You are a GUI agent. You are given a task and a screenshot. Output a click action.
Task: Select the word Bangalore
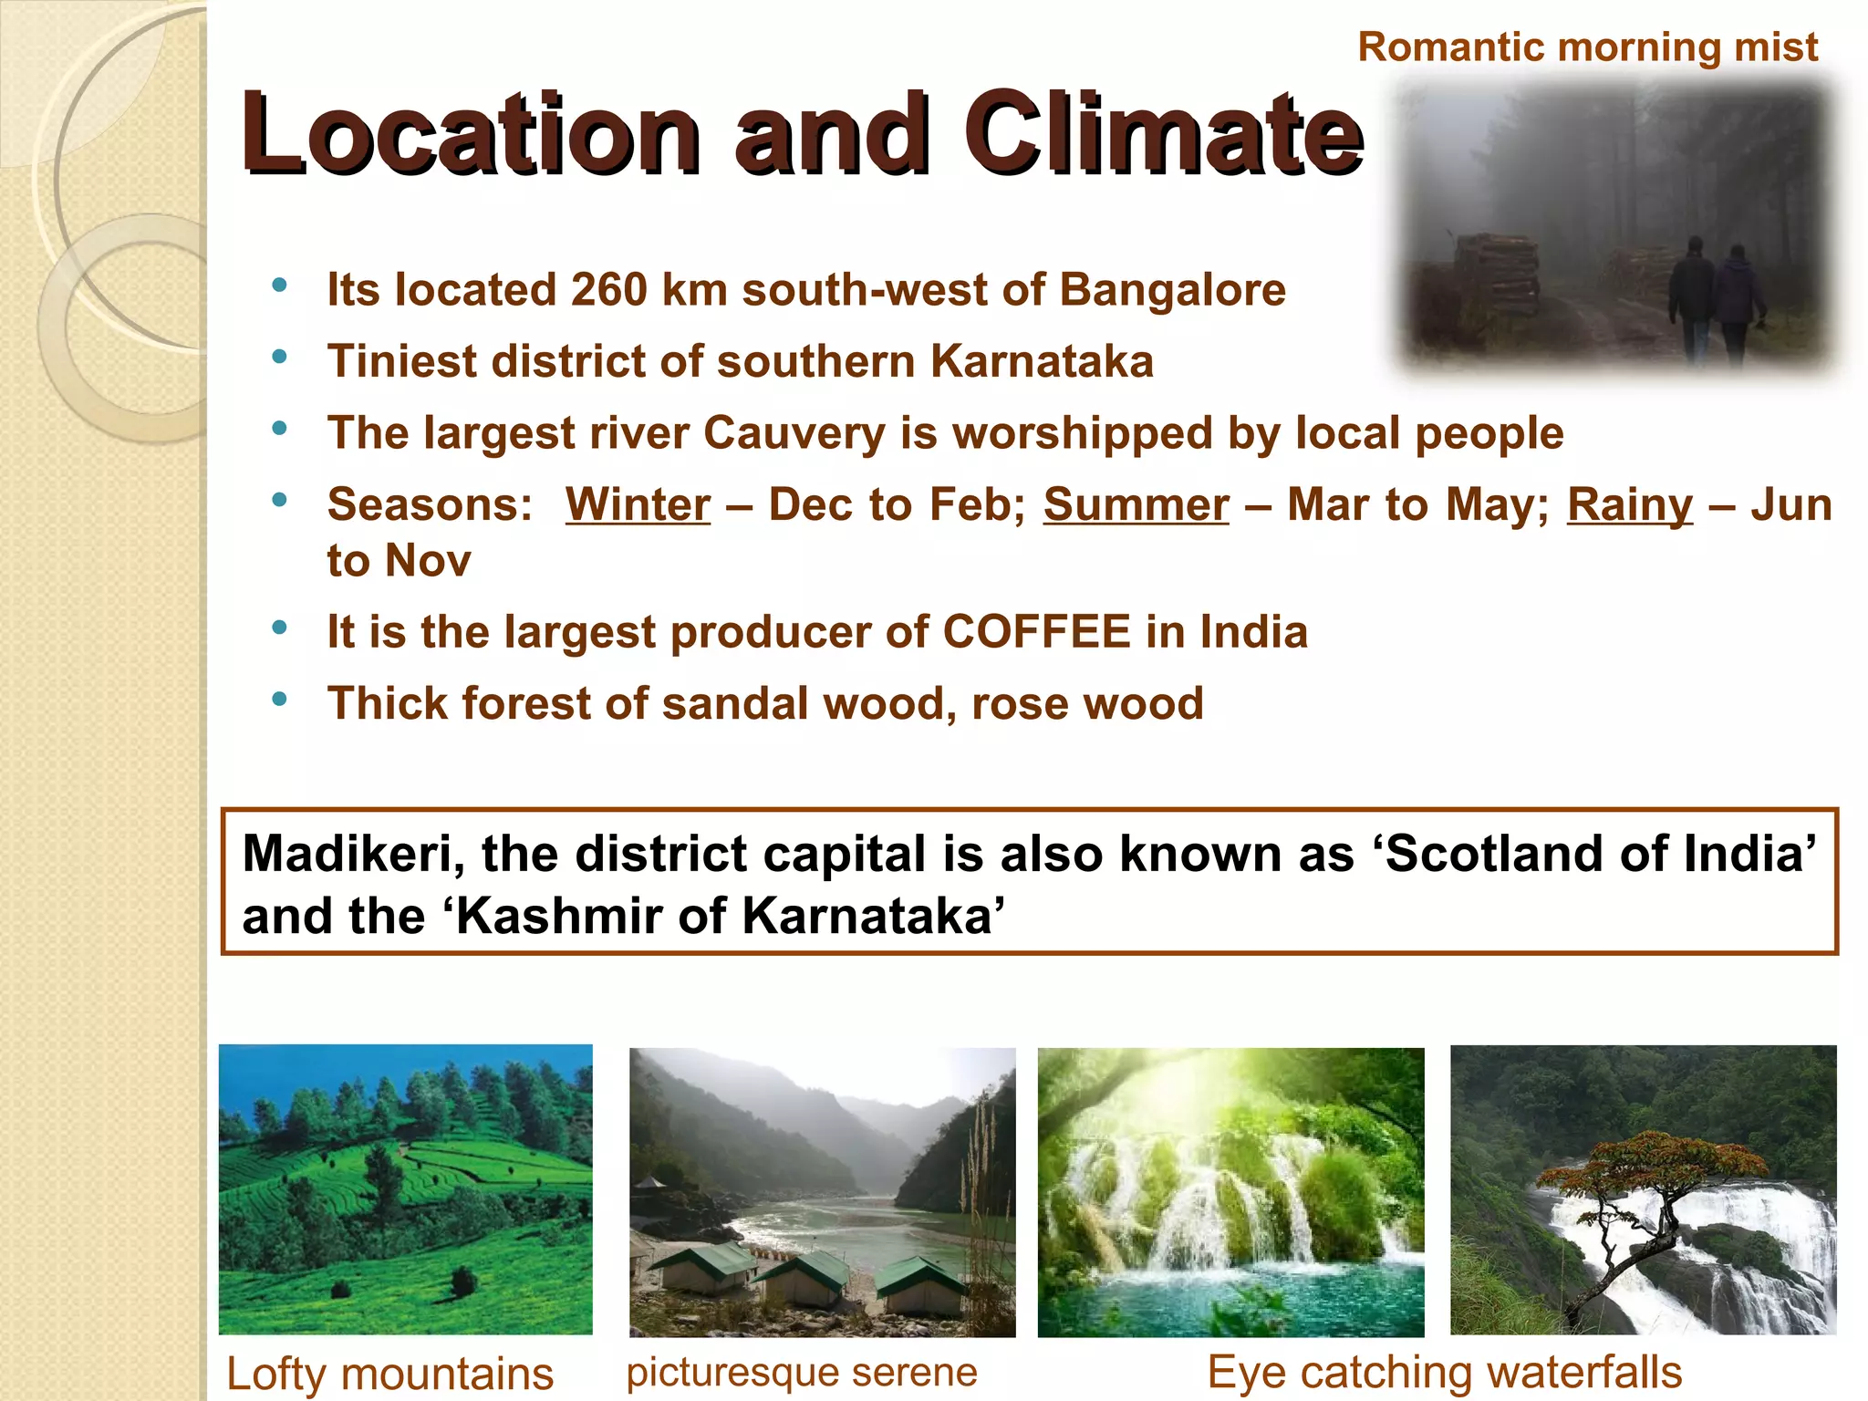point(1172,290)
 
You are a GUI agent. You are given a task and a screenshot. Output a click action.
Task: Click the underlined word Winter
point(638,505)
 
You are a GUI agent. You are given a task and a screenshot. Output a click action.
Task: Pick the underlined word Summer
point(1136,505)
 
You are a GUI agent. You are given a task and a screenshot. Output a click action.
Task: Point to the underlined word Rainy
point(1629,505)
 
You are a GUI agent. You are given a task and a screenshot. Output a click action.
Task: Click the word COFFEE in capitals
point(1036,632)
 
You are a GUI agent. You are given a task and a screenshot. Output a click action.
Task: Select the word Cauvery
point(794,433)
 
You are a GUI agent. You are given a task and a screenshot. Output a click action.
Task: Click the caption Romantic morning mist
point(1587,47)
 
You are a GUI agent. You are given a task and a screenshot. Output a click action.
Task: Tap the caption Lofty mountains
point(389,1374)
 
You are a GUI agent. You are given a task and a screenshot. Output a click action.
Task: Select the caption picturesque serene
point(801,1372)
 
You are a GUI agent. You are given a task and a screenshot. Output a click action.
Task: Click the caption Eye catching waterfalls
point(1444,1372)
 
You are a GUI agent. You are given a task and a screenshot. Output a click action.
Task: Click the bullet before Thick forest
point(279,700)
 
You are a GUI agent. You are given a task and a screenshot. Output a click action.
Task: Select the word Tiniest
point(400,361)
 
